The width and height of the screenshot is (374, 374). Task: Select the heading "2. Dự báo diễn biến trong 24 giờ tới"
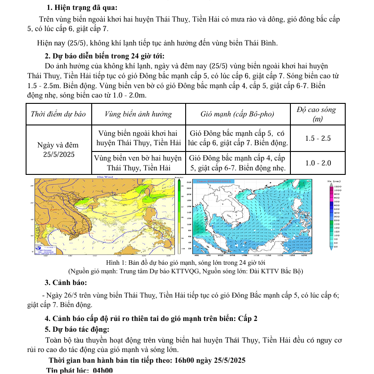(x=104, y=56)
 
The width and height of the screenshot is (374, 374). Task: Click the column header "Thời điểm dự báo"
(x=58, y=114)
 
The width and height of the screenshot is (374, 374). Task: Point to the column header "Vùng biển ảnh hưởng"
(x=138, y=114)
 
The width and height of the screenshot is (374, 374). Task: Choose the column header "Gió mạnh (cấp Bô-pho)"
(x=238, y=114)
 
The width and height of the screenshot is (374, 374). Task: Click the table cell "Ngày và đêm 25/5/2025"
(x=58, y=150)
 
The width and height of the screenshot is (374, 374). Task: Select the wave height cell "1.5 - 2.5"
(x=318, y=138)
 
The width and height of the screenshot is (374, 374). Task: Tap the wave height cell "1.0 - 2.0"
(x=318, y=163)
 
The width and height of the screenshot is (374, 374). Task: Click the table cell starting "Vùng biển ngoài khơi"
(x=138, y=138)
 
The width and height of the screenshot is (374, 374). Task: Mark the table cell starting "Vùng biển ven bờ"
(x=138, y=163)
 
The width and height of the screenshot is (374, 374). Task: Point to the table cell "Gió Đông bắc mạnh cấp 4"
(x=238, y=163)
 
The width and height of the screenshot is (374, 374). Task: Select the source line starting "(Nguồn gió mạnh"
(x=185, y=271)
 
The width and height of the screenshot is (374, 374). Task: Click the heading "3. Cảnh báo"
(x=66, y=283)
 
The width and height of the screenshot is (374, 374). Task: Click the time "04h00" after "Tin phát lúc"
(x=102, y=370)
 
